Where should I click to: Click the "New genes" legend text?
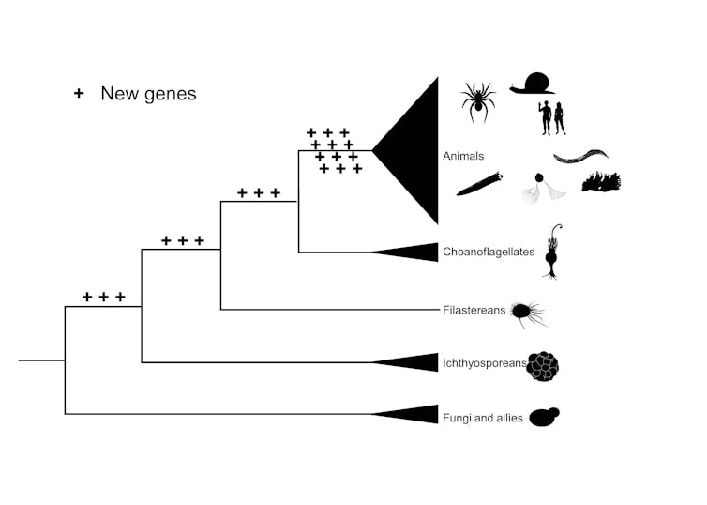148,93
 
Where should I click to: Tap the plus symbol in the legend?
79,93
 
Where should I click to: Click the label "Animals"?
462,156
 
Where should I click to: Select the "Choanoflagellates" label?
488,252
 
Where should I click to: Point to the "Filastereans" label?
474,309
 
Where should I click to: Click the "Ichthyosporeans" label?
484,362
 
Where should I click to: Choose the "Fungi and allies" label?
483,417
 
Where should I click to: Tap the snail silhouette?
532,83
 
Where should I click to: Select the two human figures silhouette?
550,118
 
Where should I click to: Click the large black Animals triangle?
417,150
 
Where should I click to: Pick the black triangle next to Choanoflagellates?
414,252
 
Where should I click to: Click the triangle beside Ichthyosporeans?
414,362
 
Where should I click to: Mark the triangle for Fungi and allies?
414,415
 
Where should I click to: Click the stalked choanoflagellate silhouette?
553,252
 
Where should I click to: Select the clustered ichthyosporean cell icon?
543,366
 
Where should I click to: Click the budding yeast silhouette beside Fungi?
543,417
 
